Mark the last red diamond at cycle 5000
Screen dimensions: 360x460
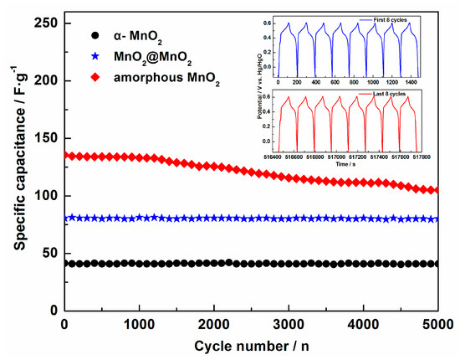(437, 190)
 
